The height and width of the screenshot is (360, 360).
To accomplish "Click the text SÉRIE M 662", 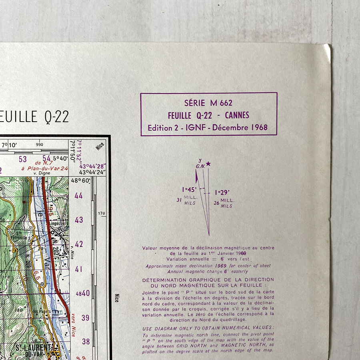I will coord(208,103).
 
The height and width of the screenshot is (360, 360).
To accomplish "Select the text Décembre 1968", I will coord(240,128).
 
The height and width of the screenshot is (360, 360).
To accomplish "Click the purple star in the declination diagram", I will coord(208,164).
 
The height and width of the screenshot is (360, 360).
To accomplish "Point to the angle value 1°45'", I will coord(189,190).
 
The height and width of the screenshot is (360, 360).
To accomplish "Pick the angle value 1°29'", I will coord(222,192).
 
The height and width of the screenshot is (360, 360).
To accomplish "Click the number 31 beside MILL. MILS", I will coord(178,200).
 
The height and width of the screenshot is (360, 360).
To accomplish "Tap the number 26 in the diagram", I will coord(216,203).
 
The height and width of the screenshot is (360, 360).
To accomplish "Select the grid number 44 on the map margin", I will coord(79,196).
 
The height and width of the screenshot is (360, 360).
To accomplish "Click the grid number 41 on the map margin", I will coord(79,269).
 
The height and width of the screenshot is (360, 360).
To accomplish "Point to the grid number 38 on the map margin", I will coord(86,342).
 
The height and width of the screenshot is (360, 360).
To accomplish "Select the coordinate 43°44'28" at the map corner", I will coord(92,166).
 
